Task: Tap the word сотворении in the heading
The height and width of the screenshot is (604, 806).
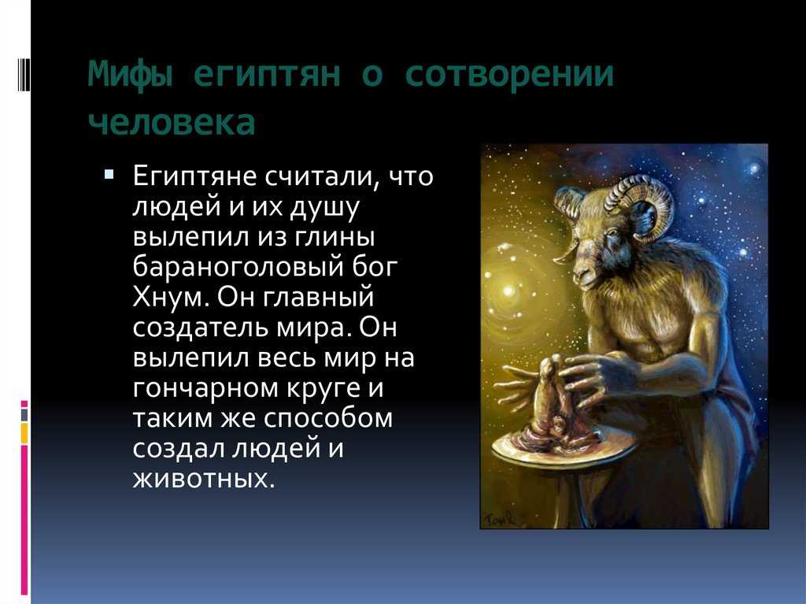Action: click(509, 74)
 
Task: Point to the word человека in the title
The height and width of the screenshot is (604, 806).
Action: click(172, 122)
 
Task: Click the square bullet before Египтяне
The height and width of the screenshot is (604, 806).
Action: click(109, 174)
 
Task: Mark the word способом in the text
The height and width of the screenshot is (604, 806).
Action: click(329, 417)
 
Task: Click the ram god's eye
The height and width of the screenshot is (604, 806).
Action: click(612, 232)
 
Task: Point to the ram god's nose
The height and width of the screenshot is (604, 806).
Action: click(582, 272)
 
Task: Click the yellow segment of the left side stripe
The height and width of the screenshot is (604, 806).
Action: click(24, 432)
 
